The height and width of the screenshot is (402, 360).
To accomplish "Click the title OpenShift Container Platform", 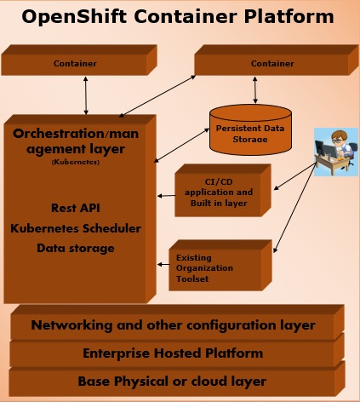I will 177,17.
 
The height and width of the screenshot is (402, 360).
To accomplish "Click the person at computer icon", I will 337,152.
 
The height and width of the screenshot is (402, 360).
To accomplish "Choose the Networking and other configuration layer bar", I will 173,325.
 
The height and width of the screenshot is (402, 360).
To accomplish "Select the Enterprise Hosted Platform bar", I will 173,353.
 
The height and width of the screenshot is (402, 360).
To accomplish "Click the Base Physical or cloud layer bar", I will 173,381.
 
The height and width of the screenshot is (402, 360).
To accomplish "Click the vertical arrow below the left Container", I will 84,95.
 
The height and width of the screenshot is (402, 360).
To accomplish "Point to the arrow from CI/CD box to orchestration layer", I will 165,195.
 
